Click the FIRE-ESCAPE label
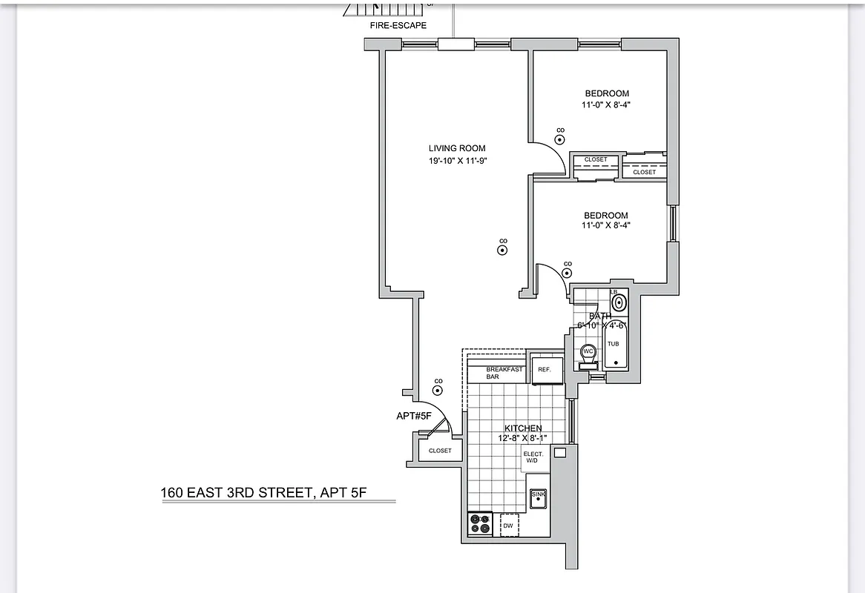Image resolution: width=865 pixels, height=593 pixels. tap(398, 26)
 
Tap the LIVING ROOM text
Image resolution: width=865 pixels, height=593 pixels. tap(457, 148)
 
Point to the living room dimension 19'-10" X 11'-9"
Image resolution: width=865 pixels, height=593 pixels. tap(457, 161)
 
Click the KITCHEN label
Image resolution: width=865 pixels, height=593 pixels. tap(523, 428)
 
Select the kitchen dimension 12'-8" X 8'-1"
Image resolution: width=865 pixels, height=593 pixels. tap(522, 438)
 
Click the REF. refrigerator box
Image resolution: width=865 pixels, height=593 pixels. tap(545, 370)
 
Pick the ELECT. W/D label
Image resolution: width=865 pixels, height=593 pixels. tap(533, 457)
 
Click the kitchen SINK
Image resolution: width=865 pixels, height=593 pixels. tap(538, 499)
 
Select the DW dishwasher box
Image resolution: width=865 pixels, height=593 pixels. tap(508, 526)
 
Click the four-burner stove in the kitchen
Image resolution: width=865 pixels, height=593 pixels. tap(480, 524)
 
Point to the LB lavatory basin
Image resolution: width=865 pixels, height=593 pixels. tap(619, 301)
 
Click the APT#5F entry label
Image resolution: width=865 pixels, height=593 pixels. tap(414, 416)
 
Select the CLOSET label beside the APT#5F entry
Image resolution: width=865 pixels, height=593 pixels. tap(440, 451)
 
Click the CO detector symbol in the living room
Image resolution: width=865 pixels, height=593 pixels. tap(502, 251)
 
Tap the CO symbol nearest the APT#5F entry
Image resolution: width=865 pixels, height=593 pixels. tap(438, 390)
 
